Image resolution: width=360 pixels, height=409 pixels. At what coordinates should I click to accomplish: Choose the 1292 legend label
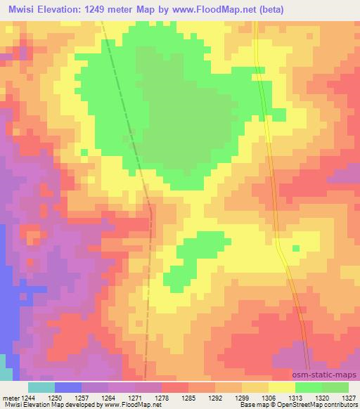(x=215, y=397)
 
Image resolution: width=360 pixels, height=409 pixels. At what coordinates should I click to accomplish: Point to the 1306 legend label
(x=268, y=397)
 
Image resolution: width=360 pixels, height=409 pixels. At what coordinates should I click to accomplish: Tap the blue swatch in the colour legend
(x=67, y=387)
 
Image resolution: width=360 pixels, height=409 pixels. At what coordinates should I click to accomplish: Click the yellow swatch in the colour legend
(x=281, y=387)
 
